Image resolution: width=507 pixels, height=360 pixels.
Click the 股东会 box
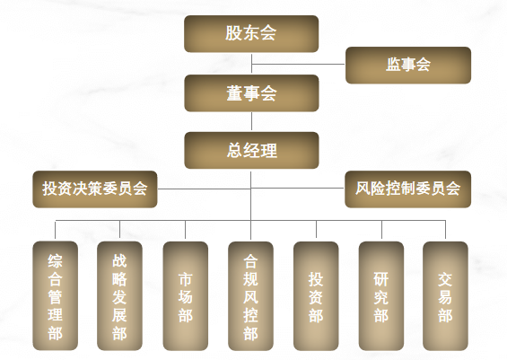tap(251, 33)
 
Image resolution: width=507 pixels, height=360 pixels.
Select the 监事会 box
tap(408, 65)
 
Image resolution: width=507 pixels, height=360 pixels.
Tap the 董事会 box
tap(251, 93)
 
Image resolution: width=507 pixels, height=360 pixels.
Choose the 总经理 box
tap(251, 150)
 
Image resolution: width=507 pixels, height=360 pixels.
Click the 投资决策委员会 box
tap(95, 189)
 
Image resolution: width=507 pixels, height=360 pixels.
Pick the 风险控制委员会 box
tap(407, 189)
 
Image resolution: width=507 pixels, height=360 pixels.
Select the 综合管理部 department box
tap(56, 295)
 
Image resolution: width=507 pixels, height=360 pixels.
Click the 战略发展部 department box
tap(119, 295)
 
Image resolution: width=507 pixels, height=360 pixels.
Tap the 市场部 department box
tap(185, 295)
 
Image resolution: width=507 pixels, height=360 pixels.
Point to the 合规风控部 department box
tap(250, 295)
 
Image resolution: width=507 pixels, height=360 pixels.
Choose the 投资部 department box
tap(316, 295)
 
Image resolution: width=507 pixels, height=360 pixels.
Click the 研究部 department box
tap(381, 295)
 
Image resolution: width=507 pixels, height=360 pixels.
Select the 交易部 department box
tap(445, 295)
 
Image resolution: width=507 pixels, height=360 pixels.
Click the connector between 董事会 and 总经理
tap(251, 121)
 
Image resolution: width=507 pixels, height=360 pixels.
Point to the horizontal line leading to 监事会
tap(298, 64)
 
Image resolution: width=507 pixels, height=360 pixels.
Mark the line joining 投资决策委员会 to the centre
tap(204, 189)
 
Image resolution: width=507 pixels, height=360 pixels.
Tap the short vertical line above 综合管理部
tap(56, 231)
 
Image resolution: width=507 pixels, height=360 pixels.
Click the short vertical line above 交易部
tap(446, 231)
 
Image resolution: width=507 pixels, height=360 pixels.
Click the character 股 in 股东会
tap(233, 33)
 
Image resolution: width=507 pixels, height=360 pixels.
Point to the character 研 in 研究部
tap(380, 279)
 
